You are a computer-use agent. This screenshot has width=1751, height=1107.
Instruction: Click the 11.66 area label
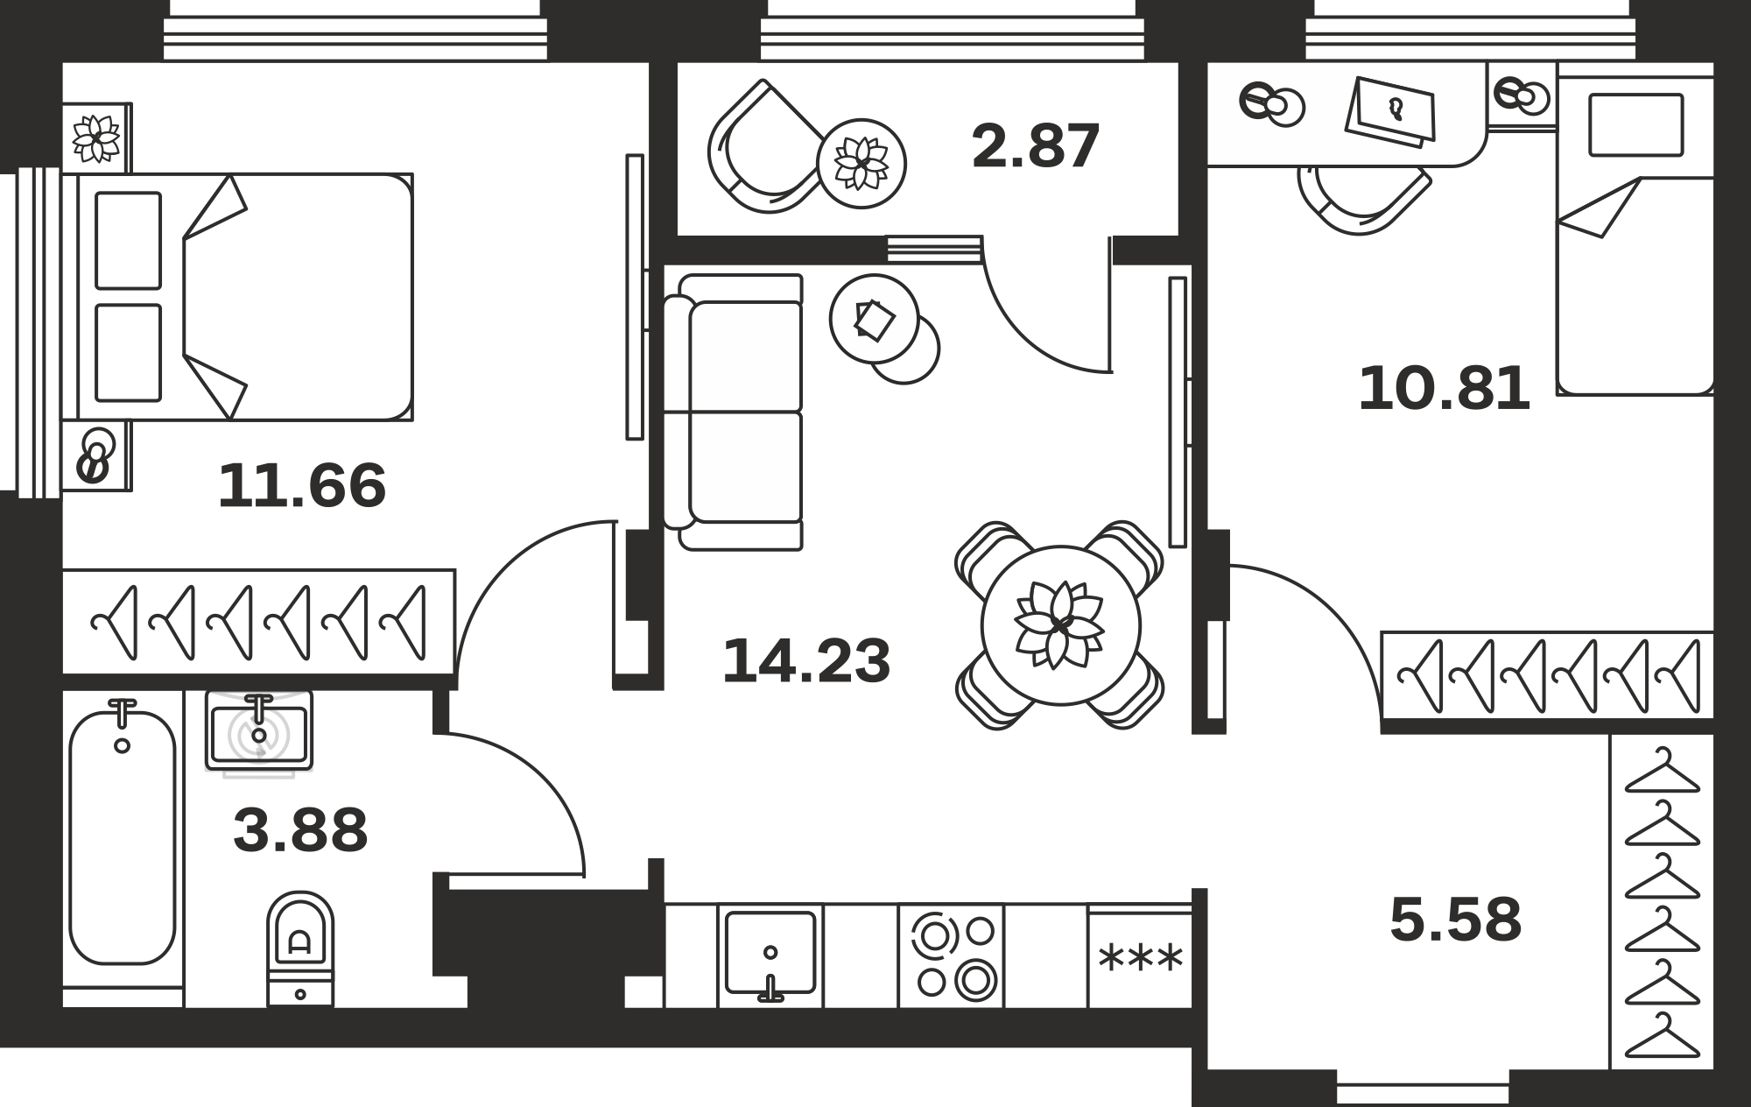(x=302, y=486)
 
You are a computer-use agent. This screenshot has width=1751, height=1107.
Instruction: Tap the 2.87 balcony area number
(x=1036, y=146)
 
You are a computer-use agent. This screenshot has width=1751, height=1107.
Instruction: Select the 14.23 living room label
(x=806, y=661)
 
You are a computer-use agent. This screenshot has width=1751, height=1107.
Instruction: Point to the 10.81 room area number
(x=1445, y=389)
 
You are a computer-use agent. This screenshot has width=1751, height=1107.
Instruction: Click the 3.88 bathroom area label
(x=300, y=830)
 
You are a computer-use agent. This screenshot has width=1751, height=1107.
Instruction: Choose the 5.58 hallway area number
(x=1456, y=920)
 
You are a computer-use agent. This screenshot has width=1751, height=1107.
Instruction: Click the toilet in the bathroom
(x=300, y=948)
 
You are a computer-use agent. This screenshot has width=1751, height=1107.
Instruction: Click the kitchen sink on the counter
(x=770, y=953)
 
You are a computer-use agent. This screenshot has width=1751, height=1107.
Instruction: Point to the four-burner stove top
(x=952, y=955)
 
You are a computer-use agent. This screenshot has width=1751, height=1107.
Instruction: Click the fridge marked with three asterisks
(x=1140, y=956)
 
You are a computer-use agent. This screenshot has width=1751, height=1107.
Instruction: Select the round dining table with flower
(x=1061, y=625)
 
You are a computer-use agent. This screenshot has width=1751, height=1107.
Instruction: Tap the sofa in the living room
(x=733, y=412)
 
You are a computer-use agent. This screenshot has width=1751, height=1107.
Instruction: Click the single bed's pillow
(x=1635, y=124)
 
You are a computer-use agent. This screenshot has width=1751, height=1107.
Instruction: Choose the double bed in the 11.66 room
(x=245, y=297)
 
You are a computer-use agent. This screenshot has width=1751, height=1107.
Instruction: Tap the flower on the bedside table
(x=96, y=138)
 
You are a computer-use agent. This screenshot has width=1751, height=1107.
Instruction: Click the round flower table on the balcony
(x=861, y=164)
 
